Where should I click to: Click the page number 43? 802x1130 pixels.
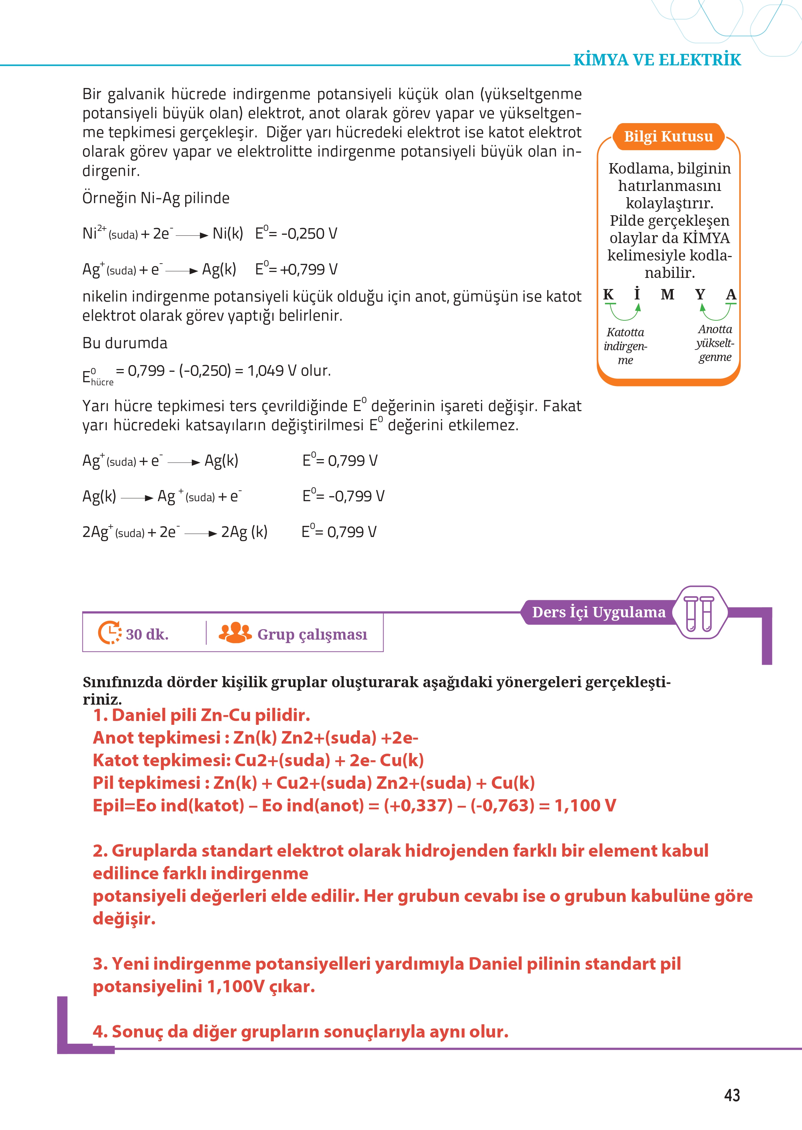pyautogui.click(x=731, y=1095)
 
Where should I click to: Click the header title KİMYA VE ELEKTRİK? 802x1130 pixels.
pyautogui.click(x=657, y=60)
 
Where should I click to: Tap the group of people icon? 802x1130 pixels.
pyautogui.click(x=235, y=633)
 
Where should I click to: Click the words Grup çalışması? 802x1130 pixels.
pyautogui.click(x=312, y=634)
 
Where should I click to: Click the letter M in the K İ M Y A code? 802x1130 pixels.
pyautogui.click(x=667, y=295)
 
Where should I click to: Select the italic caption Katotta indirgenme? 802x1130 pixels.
pyautogui.click(x=625, y=346)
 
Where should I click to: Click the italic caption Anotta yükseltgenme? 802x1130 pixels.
pyautogui.click(x=715, y=343)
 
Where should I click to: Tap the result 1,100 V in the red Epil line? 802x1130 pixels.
pyautogui.click(x=585, y=805)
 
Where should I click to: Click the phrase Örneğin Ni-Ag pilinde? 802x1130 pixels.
pyautogui.click(x=156, y=198)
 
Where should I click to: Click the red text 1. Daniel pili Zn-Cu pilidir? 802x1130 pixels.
pyautogui.click(x=202, y=715)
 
